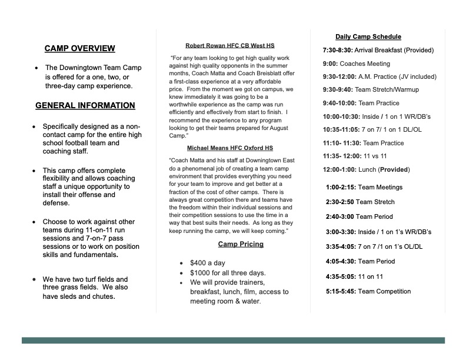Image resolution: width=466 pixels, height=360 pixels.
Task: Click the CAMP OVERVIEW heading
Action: [x=79, y=49]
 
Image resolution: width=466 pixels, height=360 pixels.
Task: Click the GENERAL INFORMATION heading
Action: [x=85, y=106]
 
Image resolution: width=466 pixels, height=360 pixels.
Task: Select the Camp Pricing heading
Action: [x=241, y=244]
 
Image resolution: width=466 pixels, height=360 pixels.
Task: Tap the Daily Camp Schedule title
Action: [x=368, y=36]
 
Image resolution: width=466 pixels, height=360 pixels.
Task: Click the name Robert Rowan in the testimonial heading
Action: [x=204, y=45]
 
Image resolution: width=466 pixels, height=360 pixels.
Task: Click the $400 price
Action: [x=199, y=263]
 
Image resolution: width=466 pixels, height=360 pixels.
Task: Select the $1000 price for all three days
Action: [x=202, y=273]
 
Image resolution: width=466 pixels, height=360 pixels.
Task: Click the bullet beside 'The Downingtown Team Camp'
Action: [x=37, y=68]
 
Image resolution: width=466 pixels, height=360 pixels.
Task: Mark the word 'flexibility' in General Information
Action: [x=61, y=180]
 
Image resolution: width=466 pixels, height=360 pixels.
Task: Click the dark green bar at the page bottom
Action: [x=233, y=341]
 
